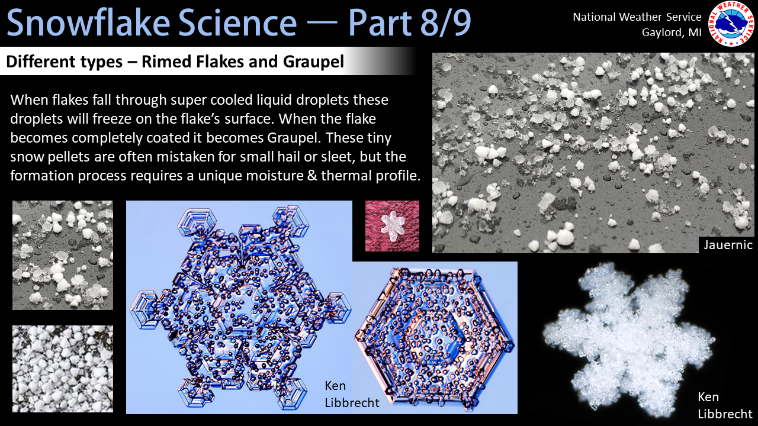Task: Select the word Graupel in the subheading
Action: pyautogui.click(x=313, y=62)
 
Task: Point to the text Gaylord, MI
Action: pyautogui.click(x=672, y=33)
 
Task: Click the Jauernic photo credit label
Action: pyautogui.click(x=728, y=245)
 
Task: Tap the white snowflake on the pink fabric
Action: pyautogui.click(x=393, y=226)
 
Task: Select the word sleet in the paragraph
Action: pyautogui.click(x=338, y=157)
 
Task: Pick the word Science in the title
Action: pyautogui.click(x=237, y=22)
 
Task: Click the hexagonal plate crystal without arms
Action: pyautogui.click(x=435, y=337)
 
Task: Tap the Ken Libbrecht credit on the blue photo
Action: pyautogui.click(x=352, y=394)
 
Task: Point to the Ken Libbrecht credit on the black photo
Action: pyautogui.click(x=725, y=405)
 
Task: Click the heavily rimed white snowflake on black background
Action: pyautogui.click(x=629, y=338)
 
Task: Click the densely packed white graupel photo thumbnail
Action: pyautogui.click(x=63, y=369)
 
